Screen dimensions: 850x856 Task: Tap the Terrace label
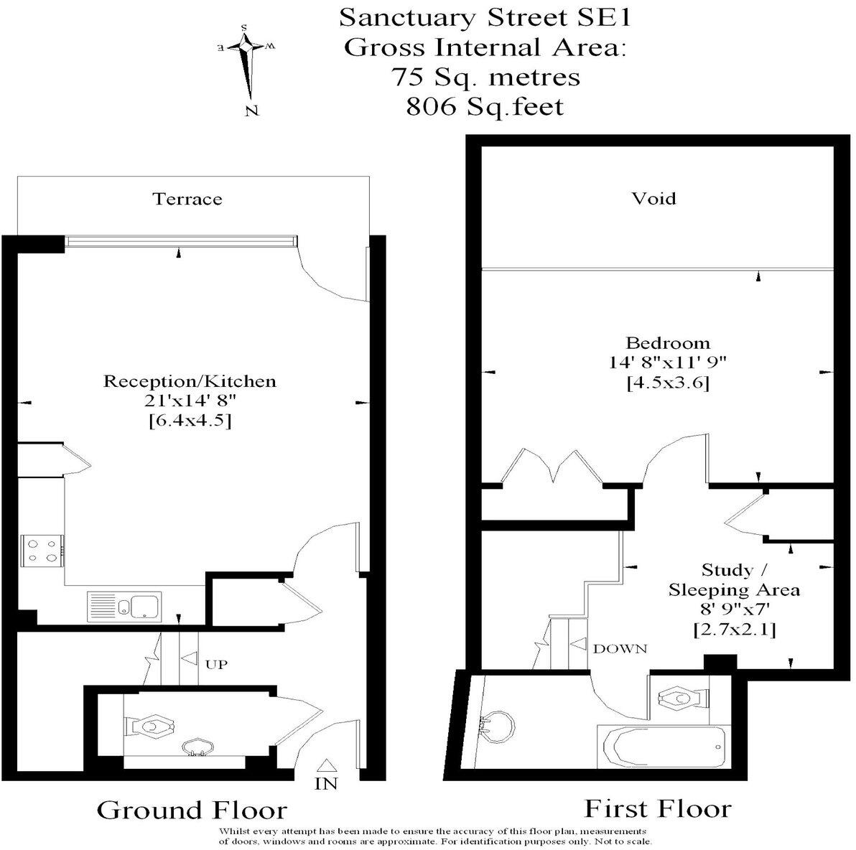[187, 199]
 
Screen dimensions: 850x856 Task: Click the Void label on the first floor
[653, 198]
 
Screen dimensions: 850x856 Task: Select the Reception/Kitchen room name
[190, 380]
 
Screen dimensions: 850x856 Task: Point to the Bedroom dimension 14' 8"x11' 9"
[668, 363]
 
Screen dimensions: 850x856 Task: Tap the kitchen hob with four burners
[42, 551]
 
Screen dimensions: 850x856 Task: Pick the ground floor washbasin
[196, 748]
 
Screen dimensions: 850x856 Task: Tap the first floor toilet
[681, 697]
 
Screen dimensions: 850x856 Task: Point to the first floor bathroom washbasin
[498, 727]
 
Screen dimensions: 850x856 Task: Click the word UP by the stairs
[216, 665]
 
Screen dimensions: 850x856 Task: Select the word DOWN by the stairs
[620, 648]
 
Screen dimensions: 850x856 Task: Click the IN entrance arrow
[325, 767]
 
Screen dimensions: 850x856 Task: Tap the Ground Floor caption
[192, 810]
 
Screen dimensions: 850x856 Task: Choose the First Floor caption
[657, 808]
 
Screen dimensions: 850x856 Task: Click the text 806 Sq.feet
[485, 107]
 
